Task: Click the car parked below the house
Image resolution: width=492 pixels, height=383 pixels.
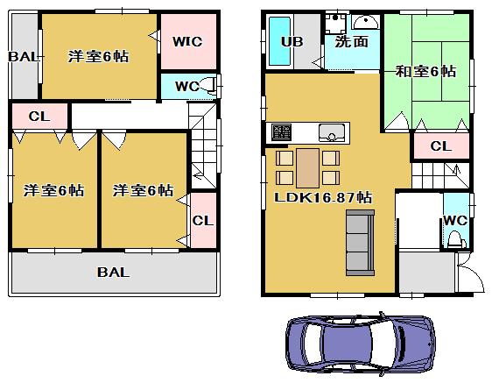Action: click(x=361, y=345)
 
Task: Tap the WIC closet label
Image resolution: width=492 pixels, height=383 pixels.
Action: click(x=187, y=41)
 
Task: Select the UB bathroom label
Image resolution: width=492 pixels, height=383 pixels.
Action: click(x=292, y=41)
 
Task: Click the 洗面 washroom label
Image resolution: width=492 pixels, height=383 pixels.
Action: click(x=350, y=41)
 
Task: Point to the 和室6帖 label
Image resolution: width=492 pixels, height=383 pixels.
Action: click(x=425, y=72)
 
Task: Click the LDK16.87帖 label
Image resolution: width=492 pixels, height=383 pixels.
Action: click(x=325, y=198)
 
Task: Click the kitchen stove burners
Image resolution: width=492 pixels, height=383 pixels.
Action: click(x=281, y=133)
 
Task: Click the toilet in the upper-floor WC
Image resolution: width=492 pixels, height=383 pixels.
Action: click(x=210, y=86)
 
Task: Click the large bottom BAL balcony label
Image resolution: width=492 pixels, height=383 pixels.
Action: click(x=114, y=273)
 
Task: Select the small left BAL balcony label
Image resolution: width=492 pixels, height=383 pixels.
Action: click(x=23, y=57)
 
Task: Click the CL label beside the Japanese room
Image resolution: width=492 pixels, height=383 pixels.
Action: click(x=439, y=146)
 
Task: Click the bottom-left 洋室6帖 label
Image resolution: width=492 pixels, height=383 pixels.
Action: click(x=53, y=190)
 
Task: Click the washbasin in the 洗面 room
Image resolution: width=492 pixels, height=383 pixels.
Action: click(x=364, y=22)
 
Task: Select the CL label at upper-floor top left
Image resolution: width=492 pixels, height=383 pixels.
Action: click(x=38, y=116)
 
